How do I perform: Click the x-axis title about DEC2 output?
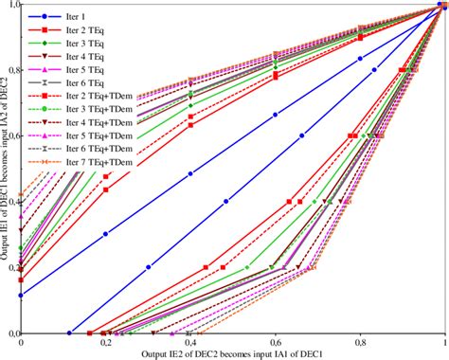click(x=233, y=353)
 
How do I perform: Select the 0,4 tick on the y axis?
click(x=11, y=202)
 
